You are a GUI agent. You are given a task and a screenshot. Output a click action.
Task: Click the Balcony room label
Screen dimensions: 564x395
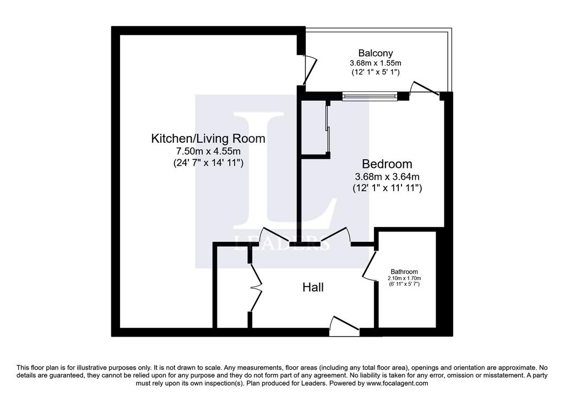pyautogui.click(x=376, y=53)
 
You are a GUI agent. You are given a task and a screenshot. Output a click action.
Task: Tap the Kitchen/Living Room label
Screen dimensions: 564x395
pyautogui.click(x=208, y=138)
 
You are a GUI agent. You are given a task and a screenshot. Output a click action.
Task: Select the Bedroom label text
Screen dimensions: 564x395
pyautogui.click(x=387, y=164)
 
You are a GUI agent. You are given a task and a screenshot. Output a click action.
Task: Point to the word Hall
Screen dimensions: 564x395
pyautogui.click(x=313, y=287)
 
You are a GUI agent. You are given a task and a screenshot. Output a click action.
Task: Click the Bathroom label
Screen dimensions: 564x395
pyautogui.click(x=404, y=272)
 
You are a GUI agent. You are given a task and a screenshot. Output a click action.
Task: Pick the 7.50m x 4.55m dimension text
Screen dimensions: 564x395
pyautogui.click(x=208, y=151)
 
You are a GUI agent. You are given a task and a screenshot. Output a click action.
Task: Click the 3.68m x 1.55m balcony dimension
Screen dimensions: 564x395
pyautogui.click(x=376, y=63)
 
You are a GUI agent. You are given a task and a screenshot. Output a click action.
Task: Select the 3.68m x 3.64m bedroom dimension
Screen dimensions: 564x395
pyautogui.click(x=387, y=177)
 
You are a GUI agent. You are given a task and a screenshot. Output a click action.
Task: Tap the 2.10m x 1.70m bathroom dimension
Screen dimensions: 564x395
pyautogui.click(x=404, y=278)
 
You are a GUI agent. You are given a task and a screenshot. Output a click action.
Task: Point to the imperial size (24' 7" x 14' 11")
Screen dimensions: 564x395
pyautogui.click(x=208, y=163)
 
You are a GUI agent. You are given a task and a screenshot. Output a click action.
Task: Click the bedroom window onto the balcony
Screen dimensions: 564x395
pyautogui.click(x=370, y=96)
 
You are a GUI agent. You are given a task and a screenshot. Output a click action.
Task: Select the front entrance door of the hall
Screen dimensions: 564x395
pyautogui.click(x=344, y=326)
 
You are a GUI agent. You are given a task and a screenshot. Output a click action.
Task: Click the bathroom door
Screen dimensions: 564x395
pyautogui.click(x=369, y=266)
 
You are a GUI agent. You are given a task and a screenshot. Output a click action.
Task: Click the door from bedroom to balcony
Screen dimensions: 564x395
pyautogui.click(x=425, y=89)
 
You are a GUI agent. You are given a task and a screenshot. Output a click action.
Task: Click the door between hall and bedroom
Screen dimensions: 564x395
pyautogui.click(x=335, y=236)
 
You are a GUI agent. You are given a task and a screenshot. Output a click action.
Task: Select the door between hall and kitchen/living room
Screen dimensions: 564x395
pyautogui.click(x=275, y=236)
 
